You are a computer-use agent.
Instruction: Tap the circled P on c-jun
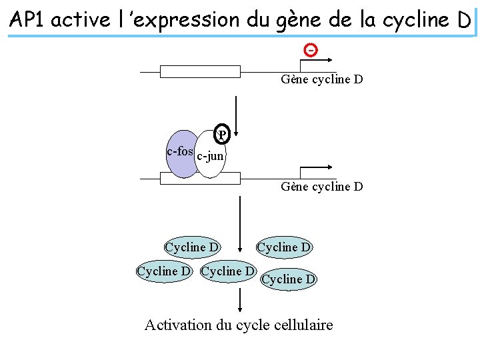pyautogui.click(x=223, y=135)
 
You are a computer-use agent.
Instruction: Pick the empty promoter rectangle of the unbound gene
pyautogui.click(x=200, y=72)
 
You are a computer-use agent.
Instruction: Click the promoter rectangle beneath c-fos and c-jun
pyautogui.click(x=200, y=178)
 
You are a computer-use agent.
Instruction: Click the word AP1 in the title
pyautogui.click(x=29, y=20)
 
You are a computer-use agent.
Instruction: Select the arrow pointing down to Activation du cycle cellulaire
pyautogui.click(x=241, y=299)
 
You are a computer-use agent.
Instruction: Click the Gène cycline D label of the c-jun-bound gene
pyautogui.click(x=322, y=187)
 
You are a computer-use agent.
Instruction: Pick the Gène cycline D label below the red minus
pyautogui.click(x=322, y=80)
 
